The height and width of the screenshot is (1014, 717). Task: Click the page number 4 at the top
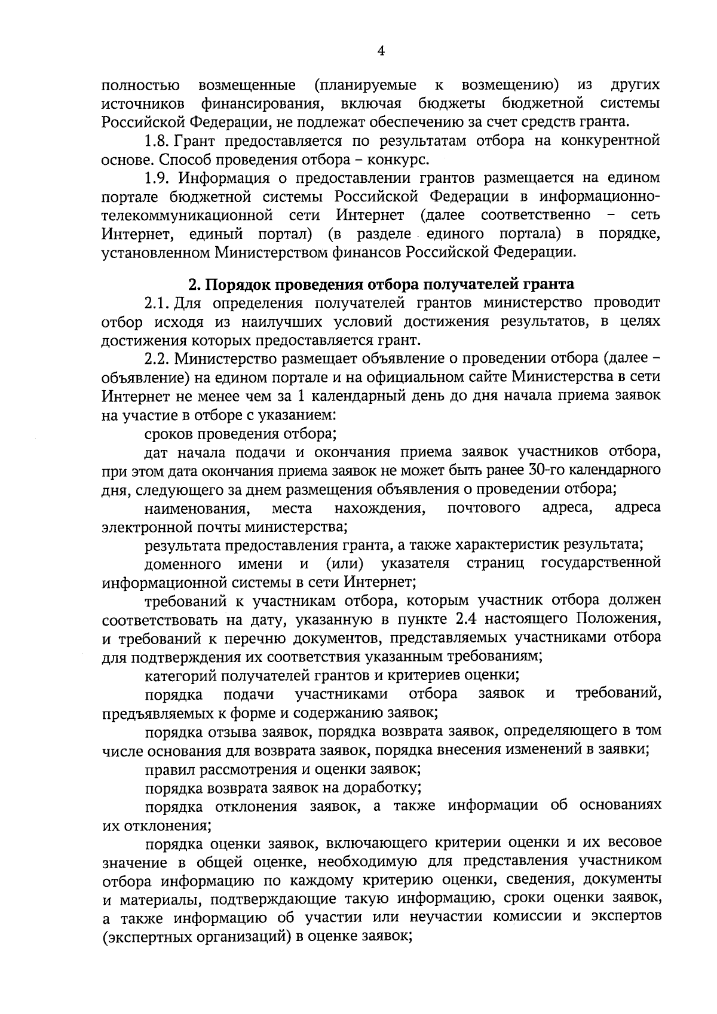[x=381, y=51]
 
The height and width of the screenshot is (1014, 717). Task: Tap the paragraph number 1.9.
[x=159, y=178]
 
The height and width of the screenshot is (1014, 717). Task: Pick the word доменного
[x=180, y=564]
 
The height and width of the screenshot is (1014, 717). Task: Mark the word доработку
[x=390, y=787]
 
